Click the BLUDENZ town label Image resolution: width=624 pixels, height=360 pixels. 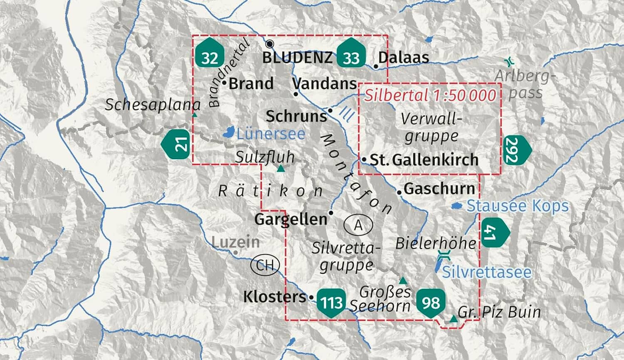(x=297, y=57)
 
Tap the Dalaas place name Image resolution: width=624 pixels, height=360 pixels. (x=403, y=57)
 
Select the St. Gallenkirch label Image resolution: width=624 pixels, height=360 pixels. (x=424, y=160)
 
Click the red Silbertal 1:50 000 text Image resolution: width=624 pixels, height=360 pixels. (x=431, y=95)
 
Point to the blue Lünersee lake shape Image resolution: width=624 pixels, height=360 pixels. (x=228, y=133)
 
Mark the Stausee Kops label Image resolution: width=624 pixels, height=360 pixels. (x=518, y=206)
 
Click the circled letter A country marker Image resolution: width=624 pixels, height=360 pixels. (x=358, y=225)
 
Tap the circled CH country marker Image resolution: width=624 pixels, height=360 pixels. (x=265, y=265)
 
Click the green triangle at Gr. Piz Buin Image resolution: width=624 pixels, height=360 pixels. (x=453, y=319)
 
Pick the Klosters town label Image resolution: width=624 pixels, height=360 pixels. (x=275, y=297)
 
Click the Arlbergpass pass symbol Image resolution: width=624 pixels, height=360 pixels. (x=508, y=62)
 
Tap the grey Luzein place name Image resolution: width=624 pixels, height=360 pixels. (x=235, y=242)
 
